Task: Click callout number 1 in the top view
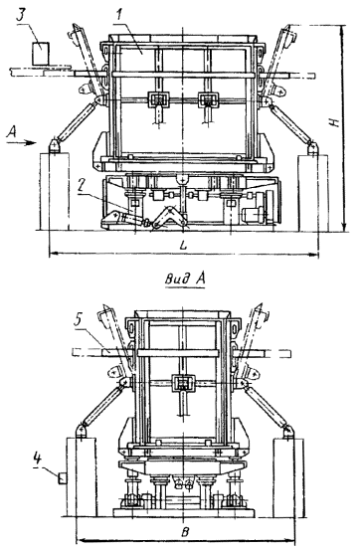click(x=119, y=15)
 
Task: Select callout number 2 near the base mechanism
click(x=82, y=186)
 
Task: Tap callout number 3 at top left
click(x=22, y=16)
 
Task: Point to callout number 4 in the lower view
click(x=38, y=459)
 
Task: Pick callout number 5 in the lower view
click(x=80, y=321)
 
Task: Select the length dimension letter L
click(x=183, y=245)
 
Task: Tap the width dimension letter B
click(x=185, y=532)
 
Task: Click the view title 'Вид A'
click(x=185, y=279)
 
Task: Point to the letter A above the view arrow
click(x=12, y=131)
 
